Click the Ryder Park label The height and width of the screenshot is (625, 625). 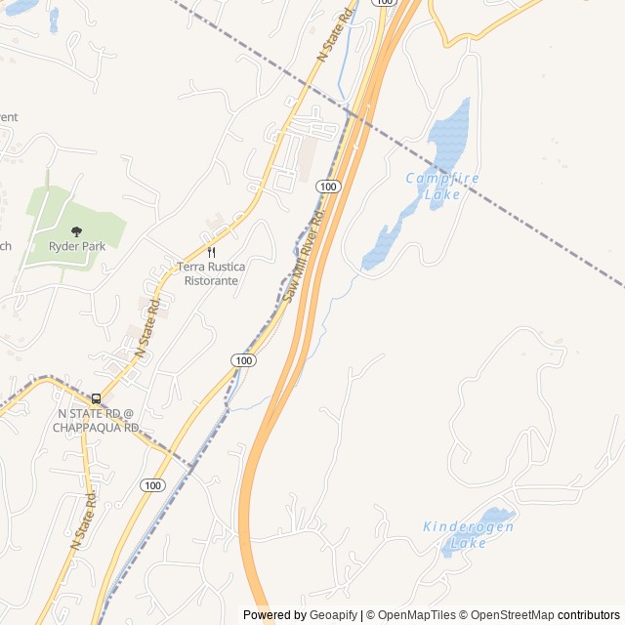point(76,246)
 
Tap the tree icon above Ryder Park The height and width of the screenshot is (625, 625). point(76,231)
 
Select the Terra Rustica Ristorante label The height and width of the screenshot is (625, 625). point(211,273)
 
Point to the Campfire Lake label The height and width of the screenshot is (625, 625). point(442,186)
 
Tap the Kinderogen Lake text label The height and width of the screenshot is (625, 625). point(469,534)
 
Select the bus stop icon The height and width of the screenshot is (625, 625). point(96,398)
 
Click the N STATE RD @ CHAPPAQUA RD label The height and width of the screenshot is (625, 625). point(96,421)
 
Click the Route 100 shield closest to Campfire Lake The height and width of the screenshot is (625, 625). point(328,187)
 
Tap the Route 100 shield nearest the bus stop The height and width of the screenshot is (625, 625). point(151,485)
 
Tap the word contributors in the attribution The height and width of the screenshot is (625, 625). point(589,615)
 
